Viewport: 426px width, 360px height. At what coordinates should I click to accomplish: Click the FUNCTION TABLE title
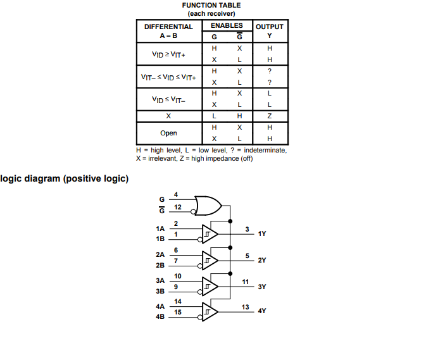coord(211,6)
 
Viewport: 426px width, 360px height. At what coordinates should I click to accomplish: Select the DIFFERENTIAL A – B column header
coord(168,31)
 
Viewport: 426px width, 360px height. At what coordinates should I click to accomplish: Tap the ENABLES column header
coord(227,25)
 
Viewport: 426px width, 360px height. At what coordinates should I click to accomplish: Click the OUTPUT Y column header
coord(270,31)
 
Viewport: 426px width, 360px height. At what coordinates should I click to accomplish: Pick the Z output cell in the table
coord(270,116)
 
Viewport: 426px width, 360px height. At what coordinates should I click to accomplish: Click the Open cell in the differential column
coord(168,133)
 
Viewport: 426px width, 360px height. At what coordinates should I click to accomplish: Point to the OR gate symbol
coord(208,206)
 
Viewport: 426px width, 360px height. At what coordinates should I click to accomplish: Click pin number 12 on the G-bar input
coord(178,207)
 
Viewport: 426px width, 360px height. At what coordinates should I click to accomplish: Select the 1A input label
coord(160,228)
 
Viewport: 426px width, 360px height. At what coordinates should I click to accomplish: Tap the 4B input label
coord(160,316)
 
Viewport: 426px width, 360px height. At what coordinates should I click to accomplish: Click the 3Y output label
coord(262,287)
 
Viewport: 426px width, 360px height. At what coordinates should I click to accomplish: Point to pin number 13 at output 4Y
coord(246,307)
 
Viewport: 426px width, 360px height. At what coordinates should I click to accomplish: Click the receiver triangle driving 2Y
coord(210,261)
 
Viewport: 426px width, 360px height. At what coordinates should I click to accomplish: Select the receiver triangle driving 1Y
coord(210,234)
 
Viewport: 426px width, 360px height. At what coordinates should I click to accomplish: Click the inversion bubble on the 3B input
coord(200,292)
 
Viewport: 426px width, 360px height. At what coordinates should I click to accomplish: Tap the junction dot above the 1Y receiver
coord(230,221)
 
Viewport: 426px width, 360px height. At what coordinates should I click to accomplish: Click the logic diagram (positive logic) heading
coord(64,178)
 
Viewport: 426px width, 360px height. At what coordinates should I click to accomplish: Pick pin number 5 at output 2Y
coord(247,256)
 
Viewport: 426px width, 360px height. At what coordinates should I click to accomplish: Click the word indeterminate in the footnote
coord(265,150)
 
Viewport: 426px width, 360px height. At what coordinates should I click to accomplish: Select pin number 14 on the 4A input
coord(178,301)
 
